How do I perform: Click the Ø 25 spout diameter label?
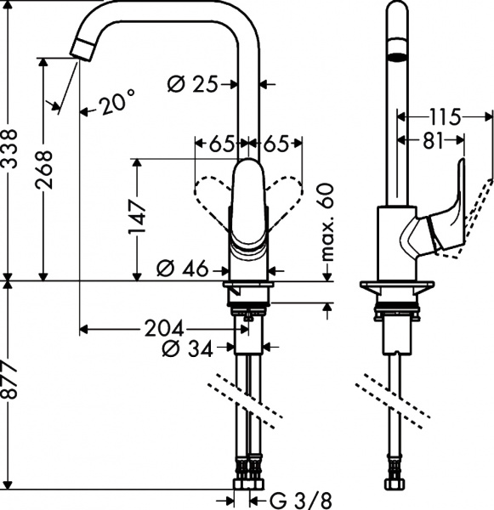pyautogui.click(x=192, y=83)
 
